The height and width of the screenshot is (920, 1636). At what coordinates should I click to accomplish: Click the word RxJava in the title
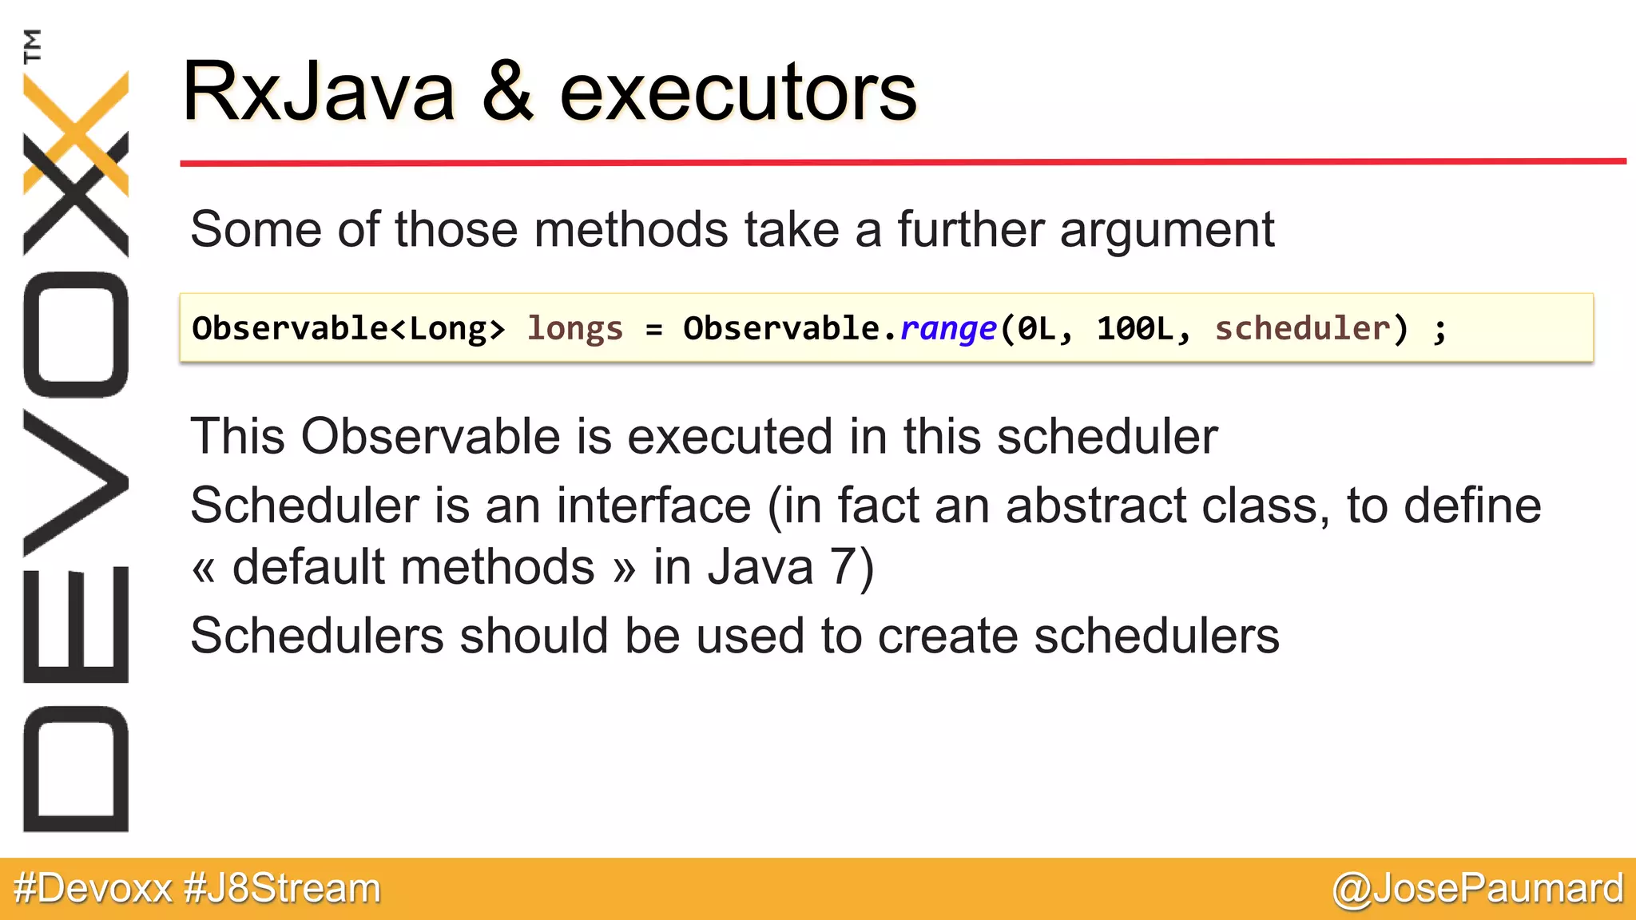318,92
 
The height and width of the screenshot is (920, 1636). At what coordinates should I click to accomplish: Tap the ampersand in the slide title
507,92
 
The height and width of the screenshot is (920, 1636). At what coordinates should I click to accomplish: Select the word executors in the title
738,94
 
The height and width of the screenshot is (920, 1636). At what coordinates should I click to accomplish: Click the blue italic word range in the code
948,329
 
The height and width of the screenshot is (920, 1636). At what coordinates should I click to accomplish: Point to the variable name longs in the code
574,329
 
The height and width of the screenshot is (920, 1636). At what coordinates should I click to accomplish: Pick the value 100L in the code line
1135,328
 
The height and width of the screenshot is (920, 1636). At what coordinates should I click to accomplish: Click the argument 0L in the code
1038,328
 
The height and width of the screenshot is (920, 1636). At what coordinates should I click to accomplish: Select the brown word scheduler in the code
1302,328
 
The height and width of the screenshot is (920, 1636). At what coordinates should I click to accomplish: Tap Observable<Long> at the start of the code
348,328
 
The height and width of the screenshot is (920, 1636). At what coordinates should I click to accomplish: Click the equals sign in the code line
654,329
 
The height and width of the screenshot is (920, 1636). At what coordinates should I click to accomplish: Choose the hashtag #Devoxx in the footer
93,888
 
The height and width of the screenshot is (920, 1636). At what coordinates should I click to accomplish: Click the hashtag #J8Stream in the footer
282,888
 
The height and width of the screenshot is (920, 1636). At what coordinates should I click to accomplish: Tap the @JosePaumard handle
1478,888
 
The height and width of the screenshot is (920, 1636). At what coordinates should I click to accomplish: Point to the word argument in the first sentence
1166,231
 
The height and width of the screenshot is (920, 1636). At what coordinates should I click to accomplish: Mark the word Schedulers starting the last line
317,636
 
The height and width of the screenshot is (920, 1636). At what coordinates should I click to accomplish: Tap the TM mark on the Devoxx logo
32,46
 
